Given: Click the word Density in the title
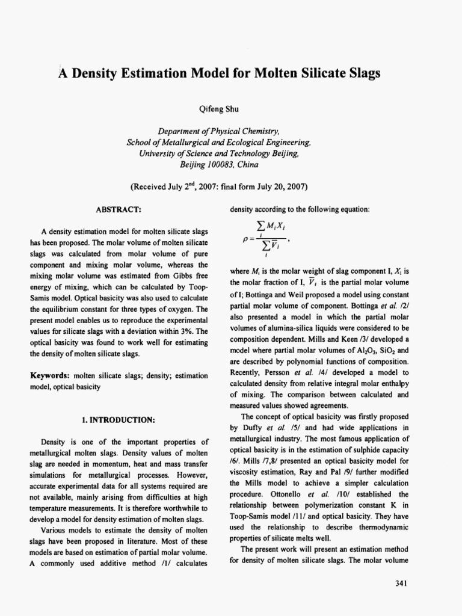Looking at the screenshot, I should tap(99, 73).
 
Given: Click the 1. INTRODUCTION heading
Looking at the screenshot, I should tap(119, 417).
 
